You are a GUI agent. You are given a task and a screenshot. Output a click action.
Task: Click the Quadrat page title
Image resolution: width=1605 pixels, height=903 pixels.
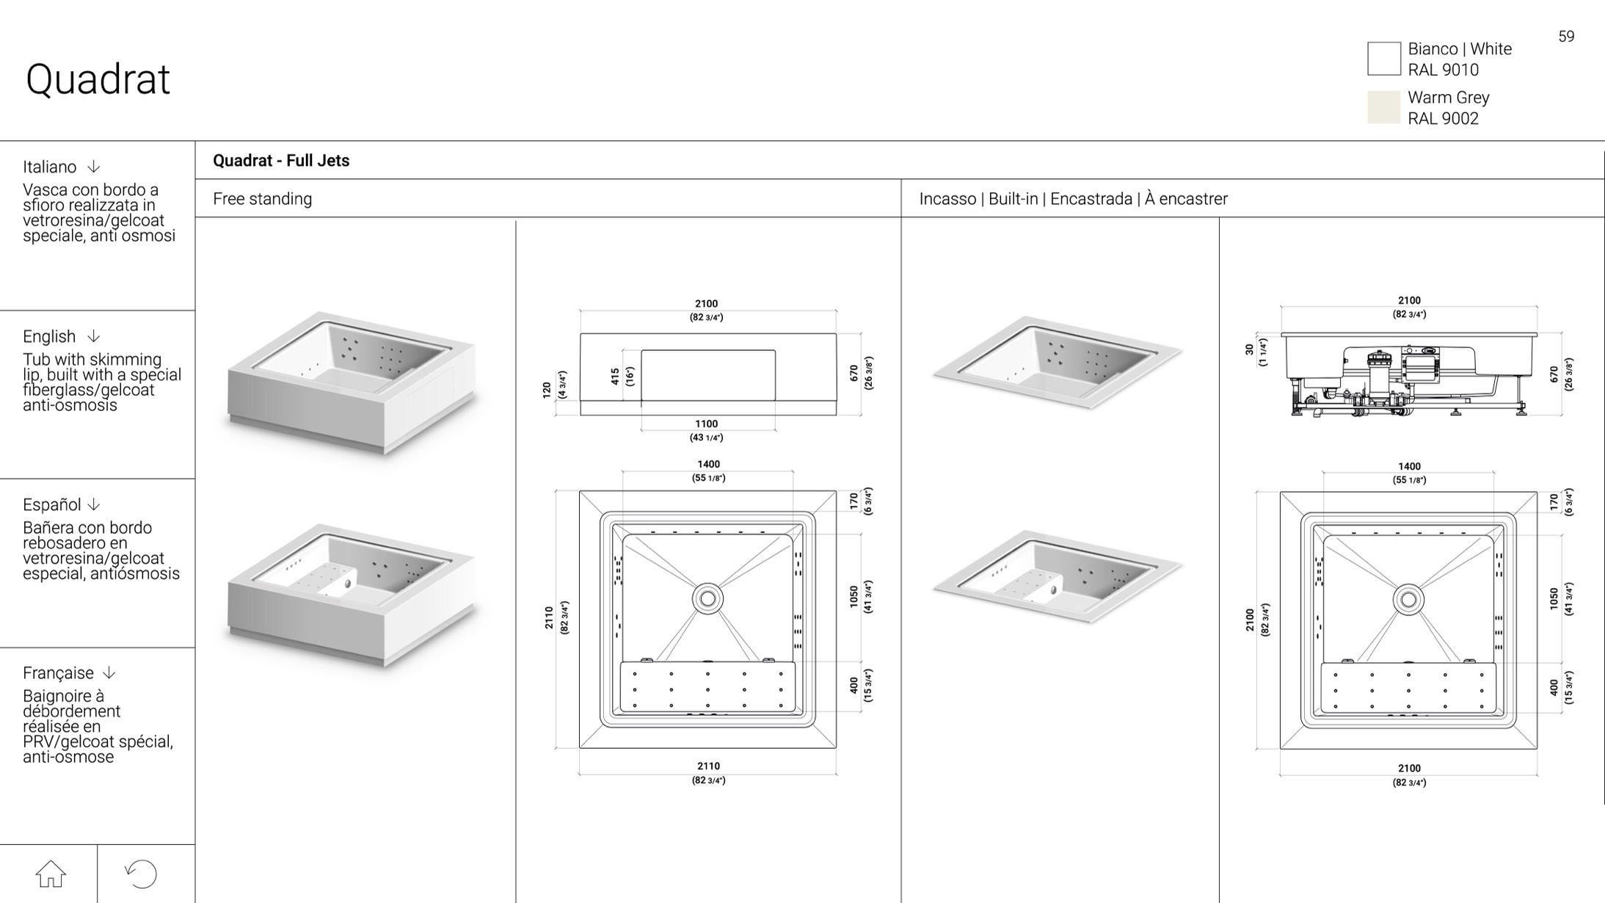[x=98, y=79]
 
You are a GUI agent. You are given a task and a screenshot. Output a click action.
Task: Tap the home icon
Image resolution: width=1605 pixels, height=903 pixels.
[x=51, y=874]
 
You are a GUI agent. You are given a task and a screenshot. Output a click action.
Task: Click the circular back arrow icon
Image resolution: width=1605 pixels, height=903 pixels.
[x=141, y=874]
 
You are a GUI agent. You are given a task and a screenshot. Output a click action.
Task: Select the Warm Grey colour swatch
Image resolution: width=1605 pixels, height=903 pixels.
[x=1383, y=107]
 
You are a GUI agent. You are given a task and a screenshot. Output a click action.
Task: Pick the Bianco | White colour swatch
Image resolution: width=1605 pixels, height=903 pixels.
[x=1383, y=59]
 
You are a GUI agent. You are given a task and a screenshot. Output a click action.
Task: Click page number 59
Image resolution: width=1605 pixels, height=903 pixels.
[x=1566, y=37]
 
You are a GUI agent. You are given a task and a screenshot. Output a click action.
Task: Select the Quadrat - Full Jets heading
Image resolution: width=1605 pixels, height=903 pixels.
[x=281, y=161]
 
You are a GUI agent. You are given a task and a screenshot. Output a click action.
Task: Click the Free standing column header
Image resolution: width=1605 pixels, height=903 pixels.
[x=262, y=199]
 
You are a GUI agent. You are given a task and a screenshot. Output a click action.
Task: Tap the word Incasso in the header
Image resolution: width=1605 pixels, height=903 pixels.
[x=947, y=199]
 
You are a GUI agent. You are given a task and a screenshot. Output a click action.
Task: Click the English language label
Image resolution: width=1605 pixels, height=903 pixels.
[x=49, y=336]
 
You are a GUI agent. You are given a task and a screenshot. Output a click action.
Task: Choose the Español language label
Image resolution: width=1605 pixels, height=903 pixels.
[x=52, y=504]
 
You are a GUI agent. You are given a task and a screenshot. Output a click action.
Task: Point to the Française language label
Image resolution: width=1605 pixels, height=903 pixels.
[x=58, y=672]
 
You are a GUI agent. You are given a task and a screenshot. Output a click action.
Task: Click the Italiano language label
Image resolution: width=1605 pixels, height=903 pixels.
[x=49, y=167]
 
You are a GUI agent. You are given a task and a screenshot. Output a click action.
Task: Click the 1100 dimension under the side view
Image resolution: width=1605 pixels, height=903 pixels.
[x=706, y=424]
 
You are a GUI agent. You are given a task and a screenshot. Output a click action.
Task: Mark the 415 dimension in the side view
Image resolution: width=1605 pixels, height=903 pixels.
[x=615, y=377]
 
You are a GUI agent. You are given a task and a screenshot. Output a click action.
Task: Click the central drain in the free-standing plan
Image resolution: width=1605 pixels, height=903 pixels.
[x=707, y=599]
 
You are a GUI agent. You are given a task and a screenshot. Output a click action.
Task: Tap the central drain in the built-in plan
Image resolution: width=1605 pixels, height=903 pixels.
[x=1408, y=600]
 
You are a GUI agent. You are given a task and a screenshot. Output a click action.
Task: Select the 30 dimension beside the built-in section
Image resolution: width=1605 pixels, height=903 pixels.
[x=1250, y=350]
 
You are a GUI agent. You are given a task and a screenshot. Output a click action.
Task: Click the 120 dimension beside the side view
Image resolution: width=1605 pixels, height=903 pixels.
[x=547, y=390]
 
